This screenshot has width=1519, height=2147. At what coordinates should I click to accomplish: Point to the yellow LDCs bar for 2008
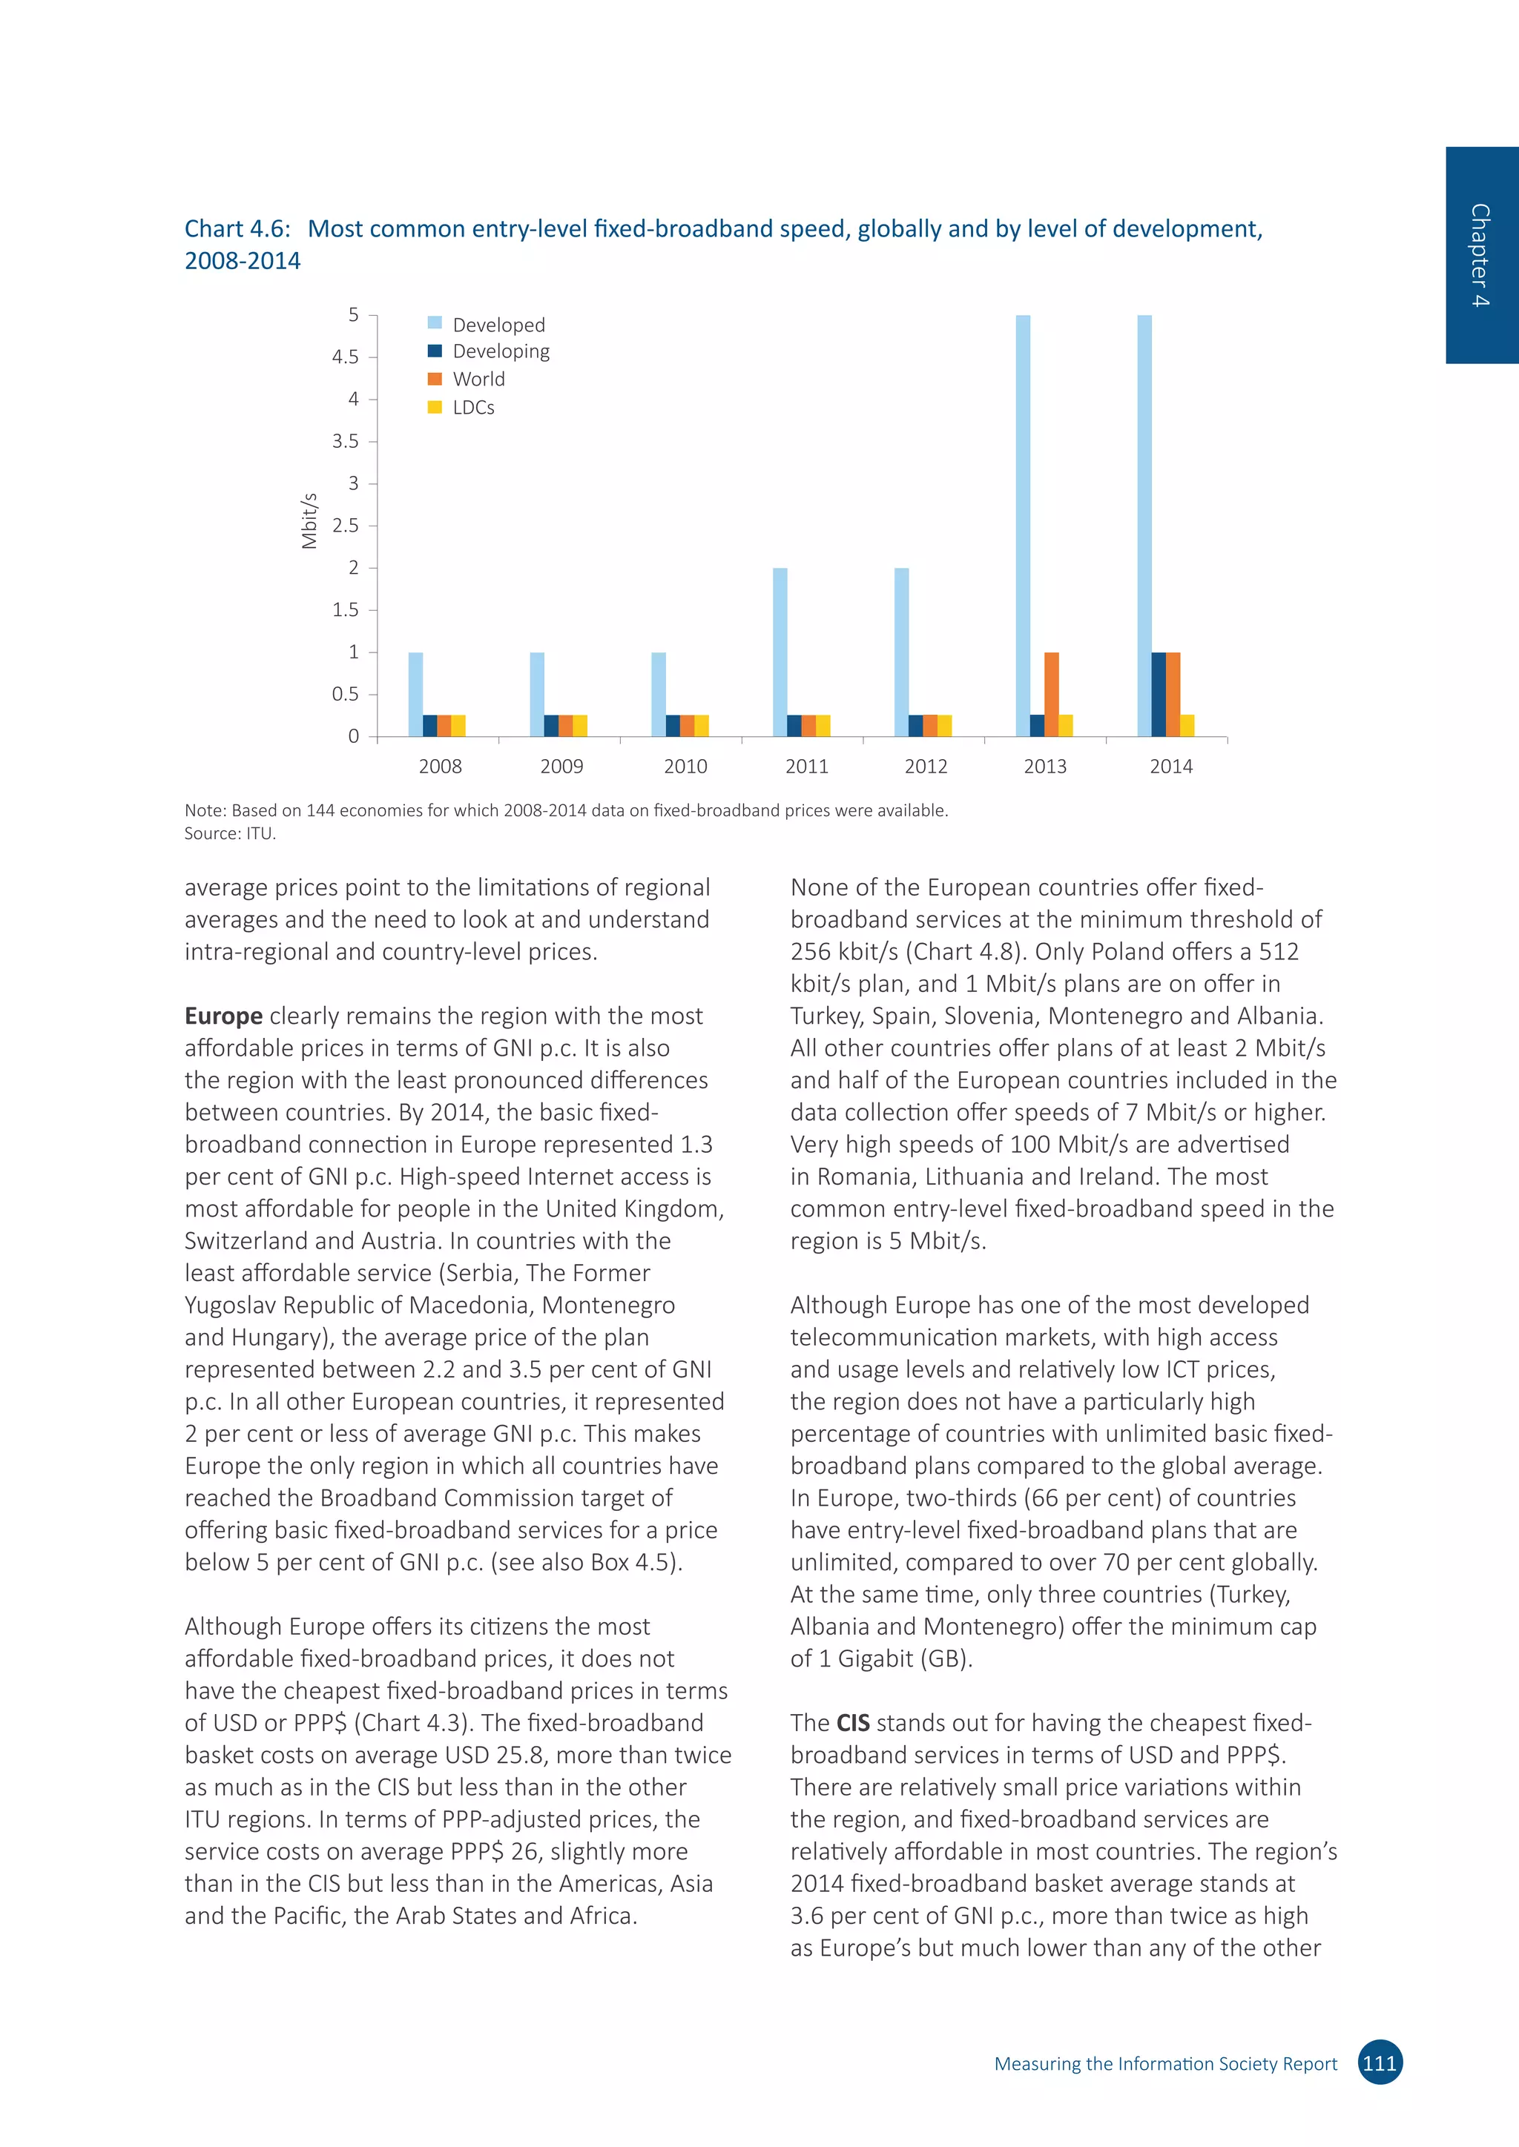pyautogui.click(x=458, y=726)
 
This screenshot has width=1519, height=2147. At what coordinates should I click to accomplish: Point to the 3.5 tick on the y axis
pyautogui.click(x=345, y=441)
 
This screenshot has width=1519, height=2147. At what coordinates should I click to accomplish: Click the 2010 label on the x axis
pyautogui.click(x=685, y=767)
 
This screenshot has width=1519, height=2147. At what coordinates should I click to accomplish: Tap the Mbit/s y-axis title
pyautogui.click(x=309, y=521)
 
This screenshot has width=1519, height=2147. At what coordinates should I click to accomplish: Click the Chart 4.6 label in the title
pyautogui.click(x=237, y=229)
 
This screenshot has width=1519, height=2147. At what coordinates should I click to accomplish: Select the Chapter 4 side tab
pyautogui.click(x=1480, y=255)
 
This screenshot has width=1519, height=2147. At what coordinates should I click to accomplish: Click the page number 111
pyautogui.click(x=1380, y=2062)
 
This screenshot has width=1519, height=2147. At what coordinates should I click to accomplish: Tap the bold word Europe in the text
pyautogui.click(x=223, y=1016)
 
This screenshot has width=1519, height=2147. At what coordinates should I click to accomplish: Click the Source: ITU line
pyautogui.click(x=230, y=834)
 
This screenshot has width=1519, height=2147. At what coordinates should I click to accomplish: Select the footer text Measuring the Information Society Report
pyautogui.click(x=1164, y=2064)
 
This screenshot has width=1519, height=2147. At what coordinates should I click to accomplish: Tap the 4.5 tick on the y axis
pyautogui.click(x=345, y=357)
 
